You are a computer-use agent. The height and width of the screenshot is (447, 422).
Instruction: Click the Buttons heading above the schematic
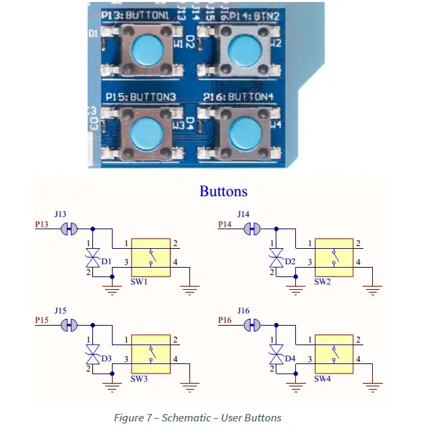223,191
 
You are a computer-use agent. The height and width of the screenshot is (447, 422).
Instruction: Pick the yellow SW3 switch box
150,351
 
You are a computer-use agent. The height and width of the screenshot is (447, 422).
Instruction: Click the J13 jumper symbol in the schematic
69,229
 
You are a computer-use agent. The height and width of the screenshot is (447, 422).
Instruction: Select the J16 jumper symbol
253,325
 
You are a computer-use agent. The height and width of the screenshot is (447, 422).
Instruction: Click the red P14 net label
224,225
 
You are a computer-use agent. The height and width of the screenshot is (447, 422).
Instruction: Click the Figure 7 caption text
198,418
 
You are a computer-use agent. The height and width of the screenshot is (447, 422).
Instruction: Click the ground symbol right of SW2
372,287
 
